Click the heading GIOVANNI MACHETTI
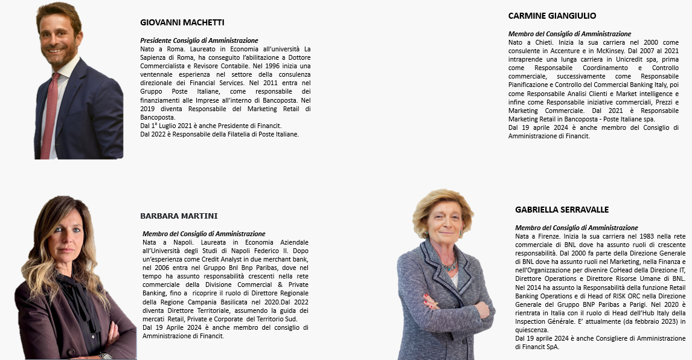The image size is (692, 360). click(182, 22)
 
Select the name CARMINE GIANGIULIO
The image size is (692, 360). click(552, 16)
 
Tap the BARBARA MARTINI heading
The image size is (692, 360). click(179, 216)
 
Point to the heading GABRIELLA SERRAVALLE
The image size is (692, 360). click(562, 210)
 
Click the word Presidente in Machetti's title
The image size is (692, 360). click(156, 40)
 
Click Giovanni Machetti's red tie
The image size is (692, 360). click(50, 115)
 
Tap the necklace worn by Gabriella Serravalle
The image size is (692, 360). click(450, 265)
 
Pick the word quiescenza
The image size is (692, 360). click(531, 330)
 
